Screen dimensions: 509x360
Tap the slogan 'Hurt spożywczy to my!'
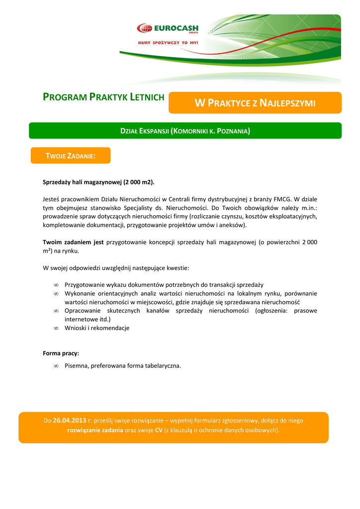168,43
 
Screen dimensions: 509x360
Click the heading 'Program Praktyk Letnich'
103,97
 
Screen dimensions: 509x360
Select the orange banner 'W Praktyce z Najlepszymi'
255,103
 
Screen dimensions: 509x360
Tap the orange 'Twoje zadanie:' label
70,156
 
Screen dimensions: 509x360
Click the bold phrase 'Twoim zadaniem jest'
73,242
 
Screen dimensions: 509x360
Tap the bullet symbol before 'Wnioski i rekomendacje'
56,328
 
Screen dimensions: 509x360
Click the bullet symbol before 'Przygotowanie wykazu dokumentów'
56,285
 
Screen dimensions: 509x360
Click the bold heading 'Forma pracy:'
61,353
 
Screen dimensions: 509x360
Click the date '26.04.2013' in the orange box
70,421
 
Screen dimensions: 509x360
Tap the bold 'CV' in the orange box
159,430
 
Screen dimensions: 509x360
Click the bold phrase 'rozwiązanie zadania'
95,430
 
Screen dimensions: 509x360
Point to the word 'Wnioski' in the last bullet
76,328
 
